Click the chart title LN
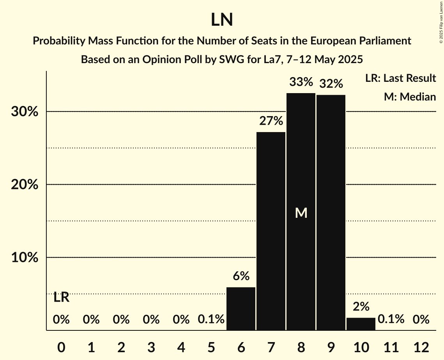point(222,20)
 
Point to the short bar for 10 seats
point(361,324)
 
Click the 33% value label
point(301,82)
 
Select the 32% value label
point(331,84)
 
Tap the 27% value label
point(271,121)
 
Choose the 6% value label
point(241,276)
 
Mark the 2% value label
point(361,307)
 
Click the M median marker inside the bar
point(301,213)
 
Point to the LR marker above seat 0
point(61,298)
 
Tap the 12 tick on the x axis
point(421,347)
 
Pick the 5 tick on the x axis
point(211,347)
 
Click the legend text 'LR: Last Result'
point(400,78)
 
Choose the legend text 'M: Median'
point(410,97)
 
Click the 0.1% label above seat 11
point(391,320)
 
